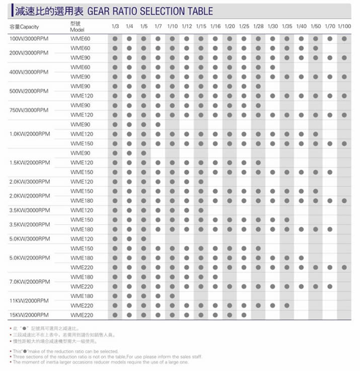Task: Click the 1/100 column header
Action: [x=344, y=26]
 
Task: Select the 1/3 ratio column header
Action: [x=115, y=26]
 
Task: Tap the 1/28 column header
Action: [x=258, y=26]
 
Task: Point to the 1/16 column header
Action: [x=215, y=26]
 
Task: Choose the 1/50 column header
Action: [x=316, y=26]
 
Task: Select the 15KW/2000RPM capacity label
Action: [x=30, y=315]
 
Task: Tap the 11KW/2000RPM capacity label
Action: [x=30, y=301]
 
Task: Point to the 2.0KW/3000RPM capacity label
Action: [x=30, y=182]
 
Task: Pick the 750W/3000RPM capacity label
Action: [x=29, y=110]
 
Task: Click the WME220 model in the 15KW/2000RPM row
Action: [x=82, y=315]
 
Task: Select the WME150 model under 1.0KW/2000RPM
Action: [x=82, y=143]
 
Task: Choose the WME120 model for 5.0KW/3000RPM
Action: [x=82, y=239]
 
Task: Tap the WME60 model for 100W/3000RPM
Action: [x=80, y=38]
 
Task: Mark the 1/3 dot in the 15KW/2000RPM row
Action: [x=115, y=315]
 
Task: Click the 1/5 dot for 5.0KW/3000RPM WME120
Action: [x=143, y=239]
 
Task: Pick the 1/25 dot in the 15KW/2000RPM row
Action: [x=244, y=315]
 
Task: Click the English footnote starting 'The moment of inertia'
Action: [x=101, y=362]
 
